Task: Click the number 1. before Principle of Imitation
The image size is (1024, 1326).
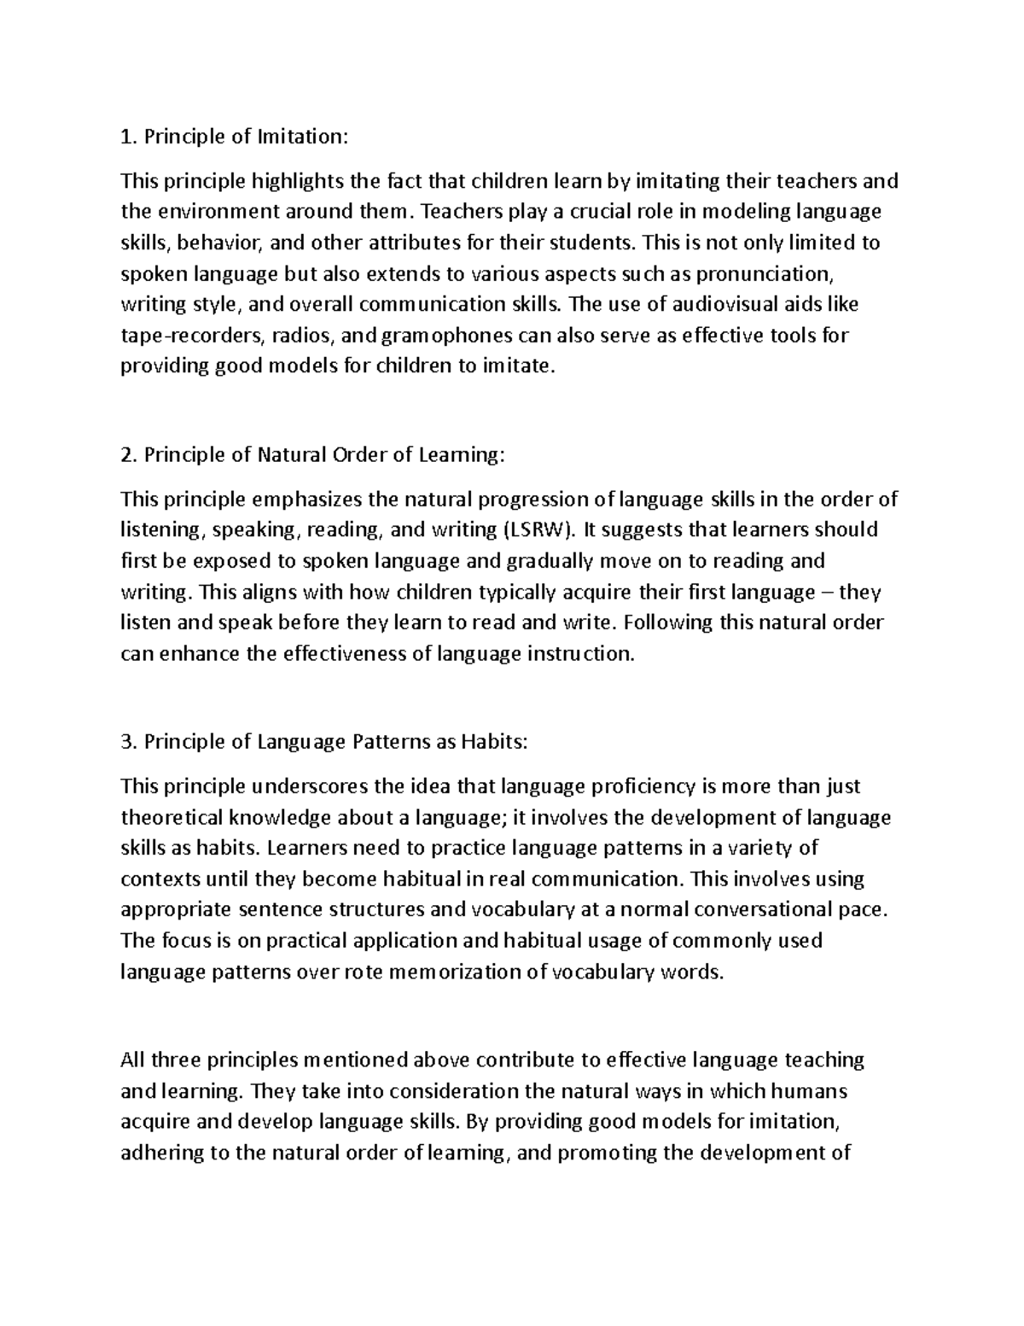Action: pos(129,137)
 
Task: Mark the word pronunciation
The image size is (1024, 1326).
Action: pos(763,273)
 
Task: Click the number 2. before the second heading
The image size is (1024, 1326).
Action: pos(130,455)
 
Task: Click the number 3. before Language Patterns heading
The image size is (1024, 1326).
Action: pos(130,742)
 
